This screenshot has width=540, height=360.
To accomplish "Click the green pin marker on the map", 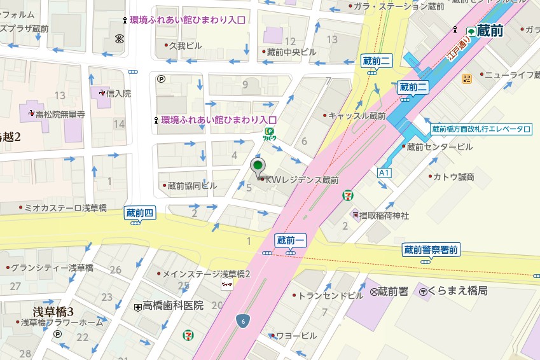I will pyautogui.click(x=258, y=167).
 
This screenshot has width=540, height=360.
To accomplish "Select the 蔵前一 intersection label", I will pyautogui.click(x=291, y=240).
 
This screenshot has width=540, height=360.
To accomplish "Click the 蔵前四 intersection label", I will pyautogui.click(x=140, y=213).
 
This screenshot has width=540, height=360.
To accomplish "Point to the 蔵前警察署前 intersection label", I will pyautogui.click(x=431, y=249).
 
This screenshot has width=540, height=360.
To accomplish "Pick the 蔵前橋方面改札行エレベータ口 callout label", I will pyautogui.click(x=481, y=129).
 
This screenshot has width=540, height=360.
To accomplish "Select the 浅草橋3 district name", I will pyautogui.click(x=53, y=311).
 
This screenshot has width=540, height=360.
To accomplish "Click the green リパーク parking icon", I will pyautogui.click(x=270, y=133).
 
